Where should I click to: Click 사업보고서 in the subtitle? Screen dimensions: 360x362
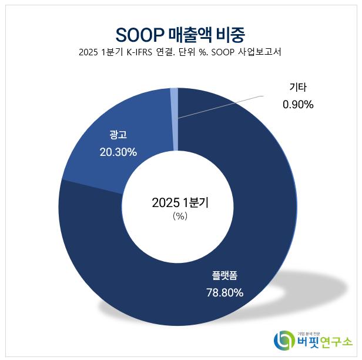pyautogui.click(x=259, y=52)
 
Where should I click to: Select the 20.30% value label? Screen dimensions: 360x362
pyautogui.click(x=118, y=152)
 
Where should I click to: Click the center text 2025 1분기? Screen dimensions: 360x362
pyautogui.click(x=180, y=203)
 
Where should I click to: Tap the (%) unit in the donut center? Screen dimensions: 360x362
pyautogui.click(x=180, y=216)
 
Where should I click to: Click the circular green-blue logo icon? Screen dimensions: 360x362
pyautogui.click(x=285, y=341)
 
